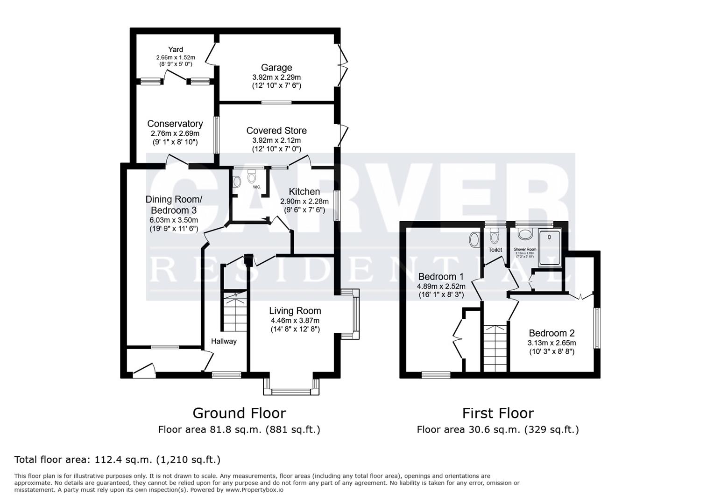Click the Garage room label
[x=276, y=68]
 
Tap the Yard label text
[x=176, y=49]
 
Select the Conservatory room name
[x=175, y=124]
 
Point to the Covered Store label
[x=276, y=131]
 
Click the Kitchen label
[x=304, y=192]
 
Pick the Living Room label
[x=295, y=311]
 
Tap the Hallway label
[x=224, y=341]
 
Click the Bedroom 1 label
[x=441, y=276]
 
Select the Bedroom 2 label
[x=551, y=333]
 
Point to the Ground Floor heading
[x=239, y=413]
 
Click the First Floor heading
[x=498, y=413]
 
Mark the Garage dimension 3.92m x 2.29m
[x=276, y=77]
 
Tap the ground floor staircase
[x=235, y=310]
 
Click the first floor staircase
[x=495, y=348]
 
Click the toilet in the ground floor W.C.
[x=252, y=177]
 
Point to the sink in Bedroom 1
[x=474, y=240]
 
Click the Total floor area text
[x=117, y=460]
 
